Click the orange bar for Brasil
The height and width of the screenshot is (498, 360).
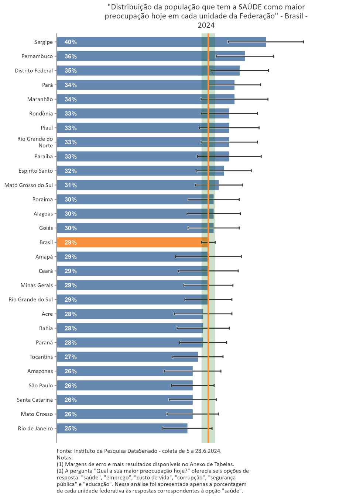[x=129, y=242]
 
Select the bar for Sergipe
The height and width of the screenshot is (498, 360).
[x=148, y=42]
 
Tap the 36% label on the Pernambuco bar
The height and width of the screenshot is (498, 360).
[x=71, y=56]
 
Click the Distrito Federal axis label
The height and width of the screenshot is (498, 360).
[x=34, y=70]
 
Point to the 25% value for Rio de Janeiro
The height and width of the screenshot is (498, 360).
[x=71, y=428]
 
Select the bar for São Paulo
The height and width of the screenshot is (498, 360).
[x=126, y=385]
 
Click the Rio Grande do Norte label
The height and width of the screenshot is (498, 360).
[x=35, y=142]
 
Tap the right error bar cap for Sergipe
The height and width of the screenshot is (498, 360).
[x=304, y=42]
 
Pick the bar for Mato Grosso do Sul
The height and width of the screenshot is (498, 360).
[x=137, y=185]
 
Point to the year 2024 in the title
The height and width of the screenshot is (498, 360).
[x=206, y=25]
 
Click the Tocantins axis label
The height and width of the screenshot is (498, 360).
[x=41, y=357]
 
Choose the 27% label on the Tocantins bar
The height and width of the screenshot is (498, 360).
[x=71, y=357]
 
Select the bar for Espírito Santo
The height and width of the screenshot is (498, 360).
[x=140, y=171]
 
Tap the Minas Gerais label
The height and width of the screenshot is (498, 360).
[x=37, y=285]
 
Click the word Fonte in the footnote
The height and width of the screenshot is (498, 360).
[x=64, y=451]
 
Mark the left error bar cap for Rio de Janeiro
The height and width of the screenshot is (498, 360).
[x=163, y=428]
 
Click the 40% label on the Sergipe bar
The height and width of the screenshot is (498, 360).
[x=71, y=42]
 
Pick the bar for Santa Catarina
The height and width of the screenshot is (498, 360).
[x=126, y=400]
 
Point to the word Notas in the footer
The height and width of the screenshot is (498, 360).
[x=65, y=457]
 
